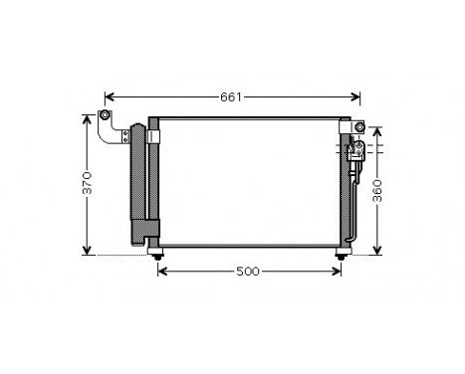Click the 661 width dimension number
tap(231, 96)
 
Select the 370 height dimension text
tap(88, 183)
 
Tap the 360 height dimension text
tap(377, 191)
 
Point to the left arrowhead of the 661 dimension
tap(109, 96)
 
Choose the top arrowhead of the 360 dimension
tap(377, 129)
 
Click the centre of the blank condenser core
tap(249, 184)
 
